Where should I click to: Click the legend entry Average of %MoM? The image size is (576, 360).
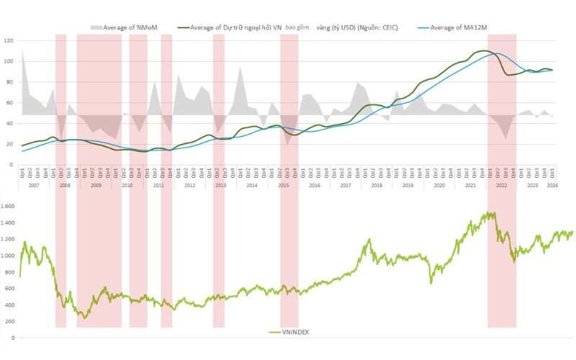click(x=130, y=28)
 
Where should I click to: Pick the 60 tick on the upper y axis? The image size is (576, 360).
click(x=9, y=103)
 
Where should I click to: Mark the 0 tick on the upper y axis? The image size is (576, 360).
click(x=11, y=165)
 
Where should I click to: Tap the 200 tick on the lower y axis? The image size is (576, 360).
click(x=9, y=321)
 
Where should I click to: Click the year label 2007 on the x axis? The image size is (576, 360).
click(x=34, y=186)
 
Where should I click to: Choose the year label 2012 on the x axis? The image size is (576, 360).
click(x=189, y=186)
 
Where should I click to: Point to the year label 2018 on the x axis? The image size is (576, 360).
click(x=377, y=186)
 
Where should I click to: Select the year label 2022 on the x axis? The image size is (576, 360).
click(x=501, y=186)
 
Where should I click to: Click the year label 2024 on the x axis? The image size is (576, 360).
click(x=552, y=186)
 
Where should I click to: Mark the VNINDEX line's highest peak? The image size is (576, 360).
click(x=492, y=212)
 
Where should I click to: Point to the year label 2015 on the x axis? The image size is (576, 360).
click(x=283, y=186)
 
